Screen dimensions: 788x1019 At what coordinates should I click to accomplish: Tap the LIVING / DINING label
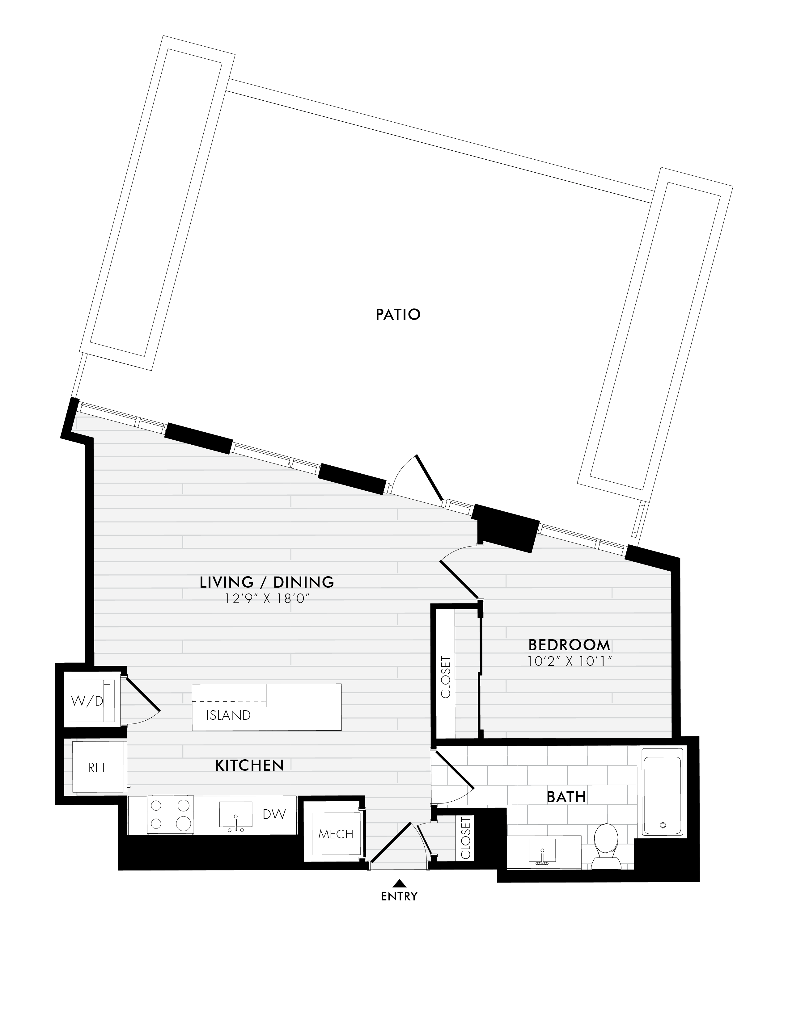(x=267, y=582)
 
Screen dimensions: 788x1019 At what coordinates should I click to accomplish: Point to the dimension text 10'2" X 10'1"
(x=569, y=661)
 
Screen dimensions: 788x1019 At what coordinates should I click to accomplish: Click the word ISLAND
(x=228, y=715)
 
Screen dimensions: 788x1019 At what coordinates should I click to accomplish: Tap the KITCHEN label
(x=249, y=765)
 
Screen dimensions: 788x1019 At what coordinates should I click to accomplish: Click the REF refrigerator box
(x=99, y=768)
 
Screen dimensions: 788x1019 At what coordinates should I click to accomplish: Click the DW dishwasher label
(x=274, y=814)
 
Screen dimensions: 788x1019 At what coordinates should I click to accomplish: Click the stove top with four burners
(x=170, y=815)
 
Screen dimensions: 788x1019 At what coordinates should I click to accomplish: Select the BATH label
(x=566, y=797)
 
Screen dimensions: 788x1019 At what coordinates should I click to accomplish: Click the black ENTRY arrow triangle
(x=398, y=882)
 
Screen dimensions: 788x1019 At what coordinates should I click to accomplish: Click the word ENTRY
(x=399, y=896)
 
